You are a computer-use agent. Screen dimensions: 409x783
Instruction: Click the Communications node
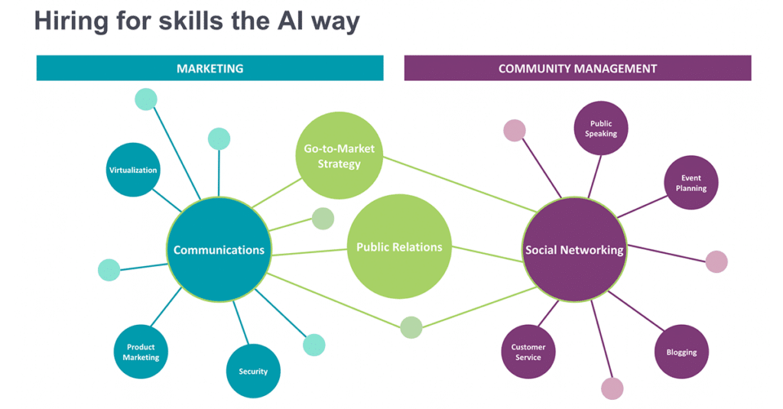[x=219, y=249]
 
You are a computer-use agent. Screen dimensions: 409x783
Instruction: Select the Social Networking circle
[x=574, y=249]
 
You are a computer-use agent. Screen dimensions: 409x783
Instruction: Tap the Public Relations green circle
[x=399, y=247]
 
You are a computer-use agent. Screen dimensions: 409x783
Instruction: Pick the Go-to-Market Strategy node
[x=339, y=155]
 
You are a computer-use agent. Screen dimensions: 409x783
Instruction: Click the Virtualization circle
[x=133, y=170]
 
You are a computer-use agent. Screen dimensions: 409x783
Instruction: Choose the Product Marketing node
[x=141, y=352]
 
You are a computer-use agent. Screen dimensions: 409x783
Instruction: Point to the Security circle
[x=253, y=371]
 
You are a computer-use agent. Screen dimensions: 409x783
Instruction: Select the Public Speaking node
[x=601, y=128]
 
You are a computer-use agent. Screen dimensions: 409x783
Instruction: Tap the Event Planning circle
[x=690, y=183]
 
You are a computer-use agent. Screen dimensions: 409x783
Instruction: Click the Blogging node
[x=681, y=352]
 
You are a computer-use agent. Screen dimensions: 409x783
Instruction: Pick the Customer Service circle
[x=528, y=352]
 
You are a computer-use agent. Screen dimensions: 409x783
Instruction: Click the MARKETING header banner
[x=210, y=68]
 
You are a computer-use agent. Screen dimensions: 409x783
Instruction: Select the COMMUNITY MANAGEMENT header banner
[x=577, y=68]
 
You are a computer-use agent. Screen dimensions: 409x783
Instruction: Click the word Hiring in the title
[x=73, y=21]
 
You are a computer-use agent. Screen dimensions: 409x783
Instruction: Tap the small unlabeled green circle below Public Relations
[x=411, y=327]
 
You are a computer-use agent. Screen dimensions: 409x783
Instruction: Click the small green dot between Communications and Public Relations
[x=323, y=219]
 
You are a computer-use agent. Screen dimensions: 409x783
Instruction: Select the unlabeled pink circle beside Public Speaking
[x=515, y=131]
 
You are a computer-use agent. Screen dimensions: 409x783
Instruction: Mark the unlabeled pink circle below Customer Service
[x=612, y=388]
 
